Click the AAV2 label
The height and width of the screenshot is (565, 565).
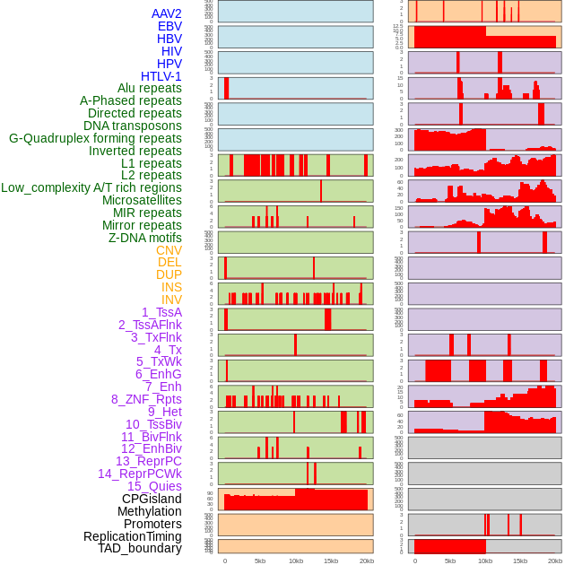point(166,14)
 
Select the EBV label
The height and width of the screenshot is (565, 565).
point(169,27)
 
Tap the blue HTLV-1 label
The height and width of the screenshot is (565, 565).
point(161,76)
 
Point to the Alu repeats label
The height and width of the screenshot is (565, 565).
point(149,88)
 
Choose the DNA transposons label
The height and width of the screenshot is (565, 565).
point(133,126)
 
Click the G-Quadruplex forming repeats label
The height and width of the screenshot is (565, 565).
point(95,138)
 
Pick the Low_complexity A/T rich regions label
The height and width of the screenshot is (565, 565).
point(91,187)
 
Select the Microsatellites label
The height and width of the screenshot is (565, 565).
point(142,200)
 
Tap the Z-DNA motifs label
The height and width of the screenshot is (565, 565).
point(144,238)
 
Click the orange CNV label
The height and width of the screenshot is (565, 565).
point(169,250)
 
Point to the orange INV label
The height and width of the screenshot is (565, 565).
point(171,300)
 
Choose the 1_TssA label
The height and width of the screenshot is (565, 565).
point(161,312)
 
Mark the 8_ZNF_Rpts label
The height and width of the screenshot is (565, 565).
point(146,399)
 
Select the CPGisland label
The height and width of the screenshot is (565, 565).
point(152,499)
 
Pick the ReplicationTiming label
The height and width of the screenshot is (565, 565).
point(132,536)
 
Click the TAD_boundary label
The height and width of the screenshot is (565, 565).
point(139,548)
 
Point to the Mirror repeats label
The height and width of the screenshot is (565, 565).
point(142,225)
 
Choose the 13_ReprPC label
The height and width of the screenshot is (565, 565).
point(148,461)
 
